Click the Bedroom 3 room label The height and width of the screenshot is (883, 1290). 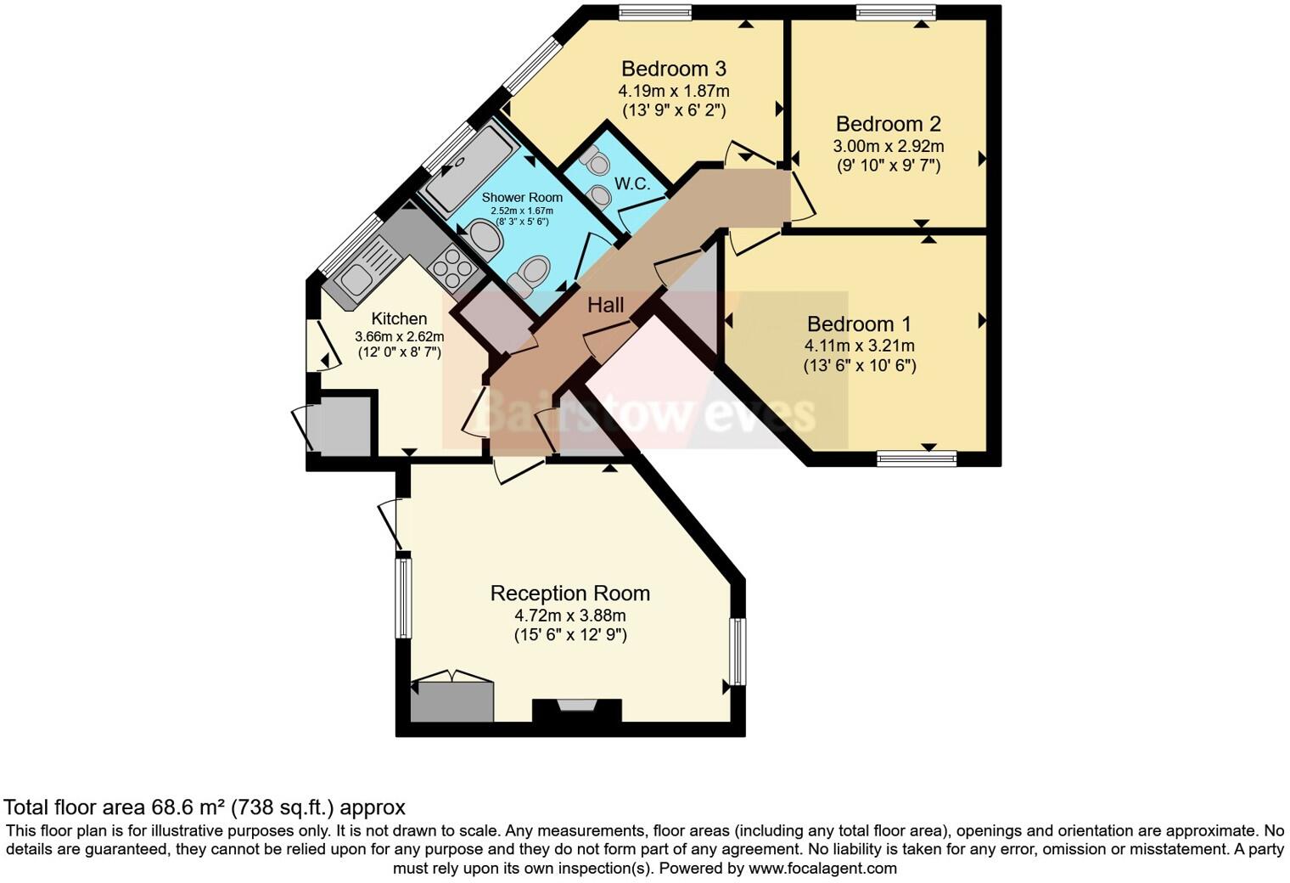click(x=673, y=69)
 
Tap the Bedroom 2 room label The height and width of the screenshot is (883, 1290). click(x=888, y=125)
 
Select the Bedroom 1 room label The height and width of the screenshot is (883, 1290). click(x=859, y=324)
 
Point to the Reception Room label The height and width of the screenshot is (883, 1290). click(x=570, y=593)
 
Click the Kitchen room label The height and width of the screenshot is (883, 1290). click(x=399, y=319)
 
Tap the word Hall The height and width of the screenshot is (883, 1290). click(x=606, y=306)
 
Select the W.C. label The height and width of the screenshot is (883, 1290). click(x=632, y=184)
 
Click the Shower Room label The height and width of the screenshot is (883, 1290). click(x=523, y=197)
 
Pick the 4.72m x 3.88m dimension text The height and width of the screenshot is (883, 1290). click(x=570, y=616)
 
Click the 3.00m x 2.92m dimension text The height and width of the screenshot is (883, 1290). click(x=888, y=146)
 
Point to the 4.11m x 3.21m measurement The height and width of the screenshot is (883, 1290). click(x=859, y=346)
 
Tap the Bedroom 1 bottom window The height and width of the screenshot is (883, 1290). click(x=917, y=458)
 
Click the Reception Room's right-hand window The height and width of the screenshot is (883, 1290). click(x=738, y=652)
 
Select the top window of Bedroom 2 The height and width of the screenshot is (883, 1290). click(x=895, y=12)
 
